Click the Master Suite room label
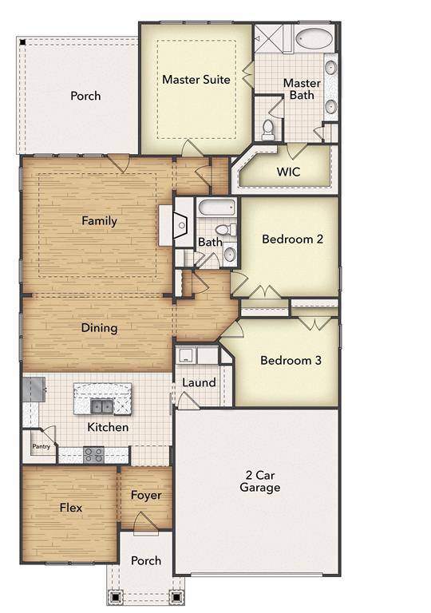pyautogui.click(x=196, y=80)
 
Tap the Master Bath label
pyautogui.click(x=302, y=89)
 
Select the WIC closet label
pyautogui.click(x=288, y=172)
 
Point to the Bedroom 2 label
pyautogui.click(x=292, y=238)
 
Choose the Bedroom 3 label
pyautogui.click(x=291, y=361)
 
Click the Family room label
pyautogui.click(x=100, y=221)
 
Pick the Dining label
pyautogui.click(x=100, y=327)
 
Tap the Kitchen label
pyautogui.click(x=108, y=427)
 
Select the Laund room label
pyautogui.click(x=199, y=382)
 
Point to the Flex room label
pyautogui.click(x=70, y=508)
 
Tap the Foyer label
pyautogui.click(x=146, y=496)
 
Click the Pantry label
pyautogui.click(x=41, y=447)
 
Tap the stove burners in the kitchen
pyautogui.click(x=94, y=455)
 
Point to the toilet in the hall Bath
pyautogui.click(x=223, y=230)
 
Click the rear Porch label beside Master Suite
pyautogui.click(x=85, y=96)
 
